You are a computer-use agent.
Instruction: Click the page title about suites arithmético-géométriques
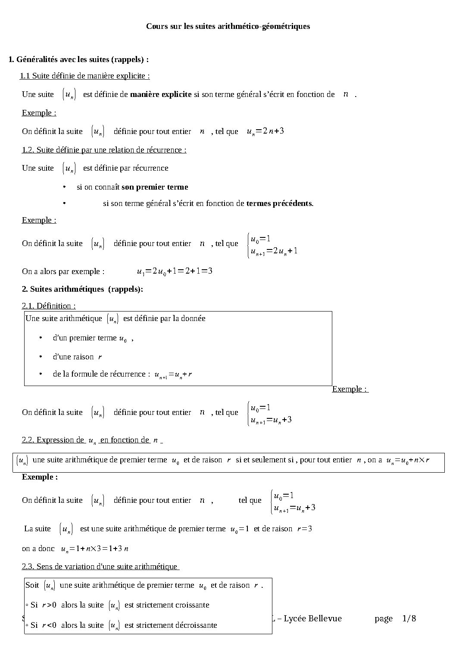click(228, 26)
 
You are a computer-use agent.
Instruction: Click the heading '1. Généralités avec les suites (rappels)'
click(79, 59)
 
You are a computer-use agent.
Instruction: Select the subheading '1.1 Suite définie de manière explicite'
click(84, 76)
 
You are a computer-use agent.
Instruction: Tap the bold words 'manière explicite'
click(161, 94)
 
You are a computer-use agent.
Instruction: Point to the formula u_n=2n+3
click(265, 131)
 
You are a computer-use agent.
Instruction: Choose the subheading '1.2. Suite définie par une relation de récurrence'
click(104, 150)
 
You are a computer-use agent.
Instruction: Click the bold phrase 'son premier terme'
click(155, 187)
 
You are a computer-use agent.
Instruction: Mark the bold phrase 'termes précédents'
click(279, 203)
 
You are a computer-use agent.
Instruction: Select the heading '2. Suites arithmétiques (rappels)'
click(82, 289)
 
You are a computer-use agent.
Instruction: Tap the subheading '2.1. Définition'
click(49, 306)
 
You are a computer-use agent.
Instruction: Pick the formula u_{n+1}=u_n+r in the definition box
click(173, 374)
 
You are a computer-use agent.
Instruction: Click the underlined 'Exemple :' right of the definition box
click(350, 389)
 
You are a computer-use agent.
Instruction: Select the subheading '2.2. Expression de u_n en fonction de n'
click(91, 440)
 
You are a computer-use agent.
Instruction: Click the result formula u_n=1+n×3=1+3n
click(95, 549)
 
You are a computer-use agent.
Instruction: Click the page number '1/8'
click(409, 619)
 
